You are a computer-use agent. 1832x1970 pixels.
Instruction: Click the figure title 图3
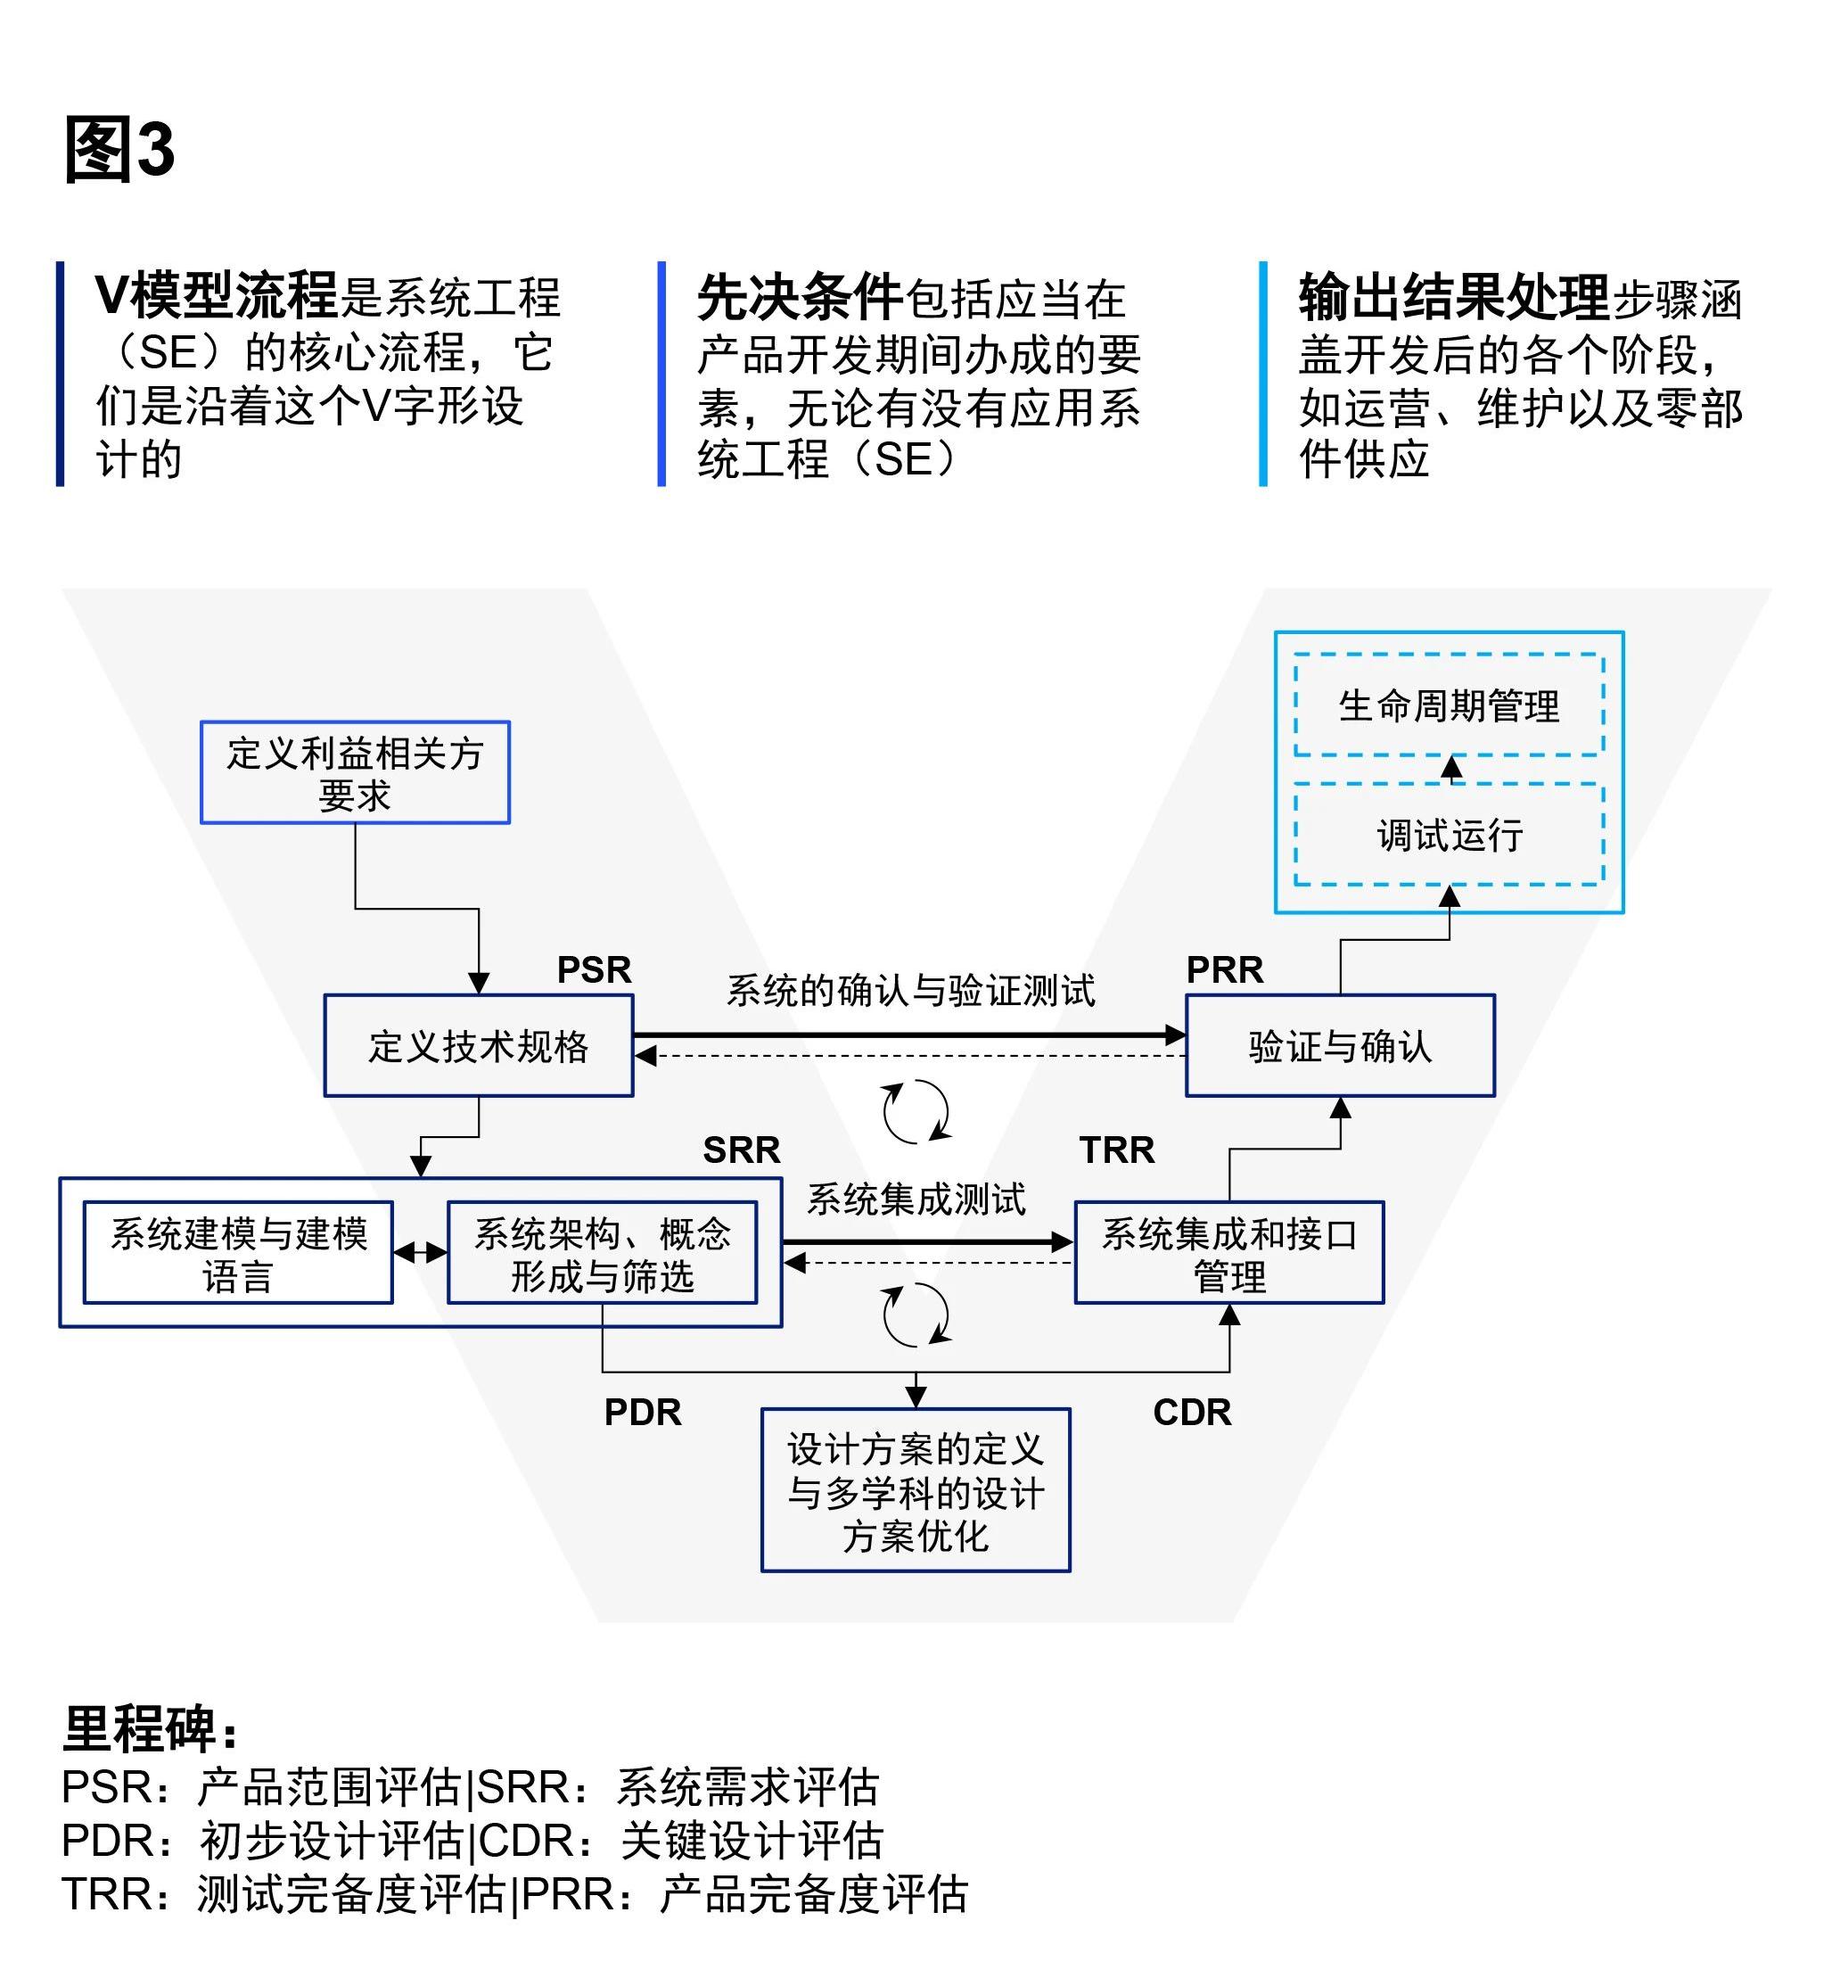point(119,150)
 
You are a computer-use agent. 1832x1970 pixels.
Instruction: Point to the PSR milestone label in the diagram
point(595,969)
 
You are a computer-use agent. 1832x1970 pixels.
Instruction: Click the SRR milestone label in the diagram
point(742,1150)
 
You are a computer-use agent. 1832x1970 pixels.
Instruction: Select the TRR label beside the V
point(1117,1150)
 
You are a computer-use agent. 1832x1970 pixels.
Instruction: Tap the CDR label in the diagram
point(1192,1412)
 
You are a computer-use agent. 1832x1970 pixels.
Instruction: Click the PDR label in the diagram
point(643,1412)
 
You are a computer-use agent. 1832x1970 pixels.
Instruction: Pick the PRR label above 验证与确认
point(1225,969)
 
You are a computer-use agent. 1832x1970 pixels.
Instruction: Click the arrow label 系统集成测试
point(916,1199)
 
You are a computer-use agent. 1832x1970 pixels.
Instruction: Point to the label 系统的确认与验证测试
point(910,990)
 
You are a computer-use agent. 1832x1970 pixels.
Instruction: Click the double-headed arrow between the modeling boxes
point(420,1253)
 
